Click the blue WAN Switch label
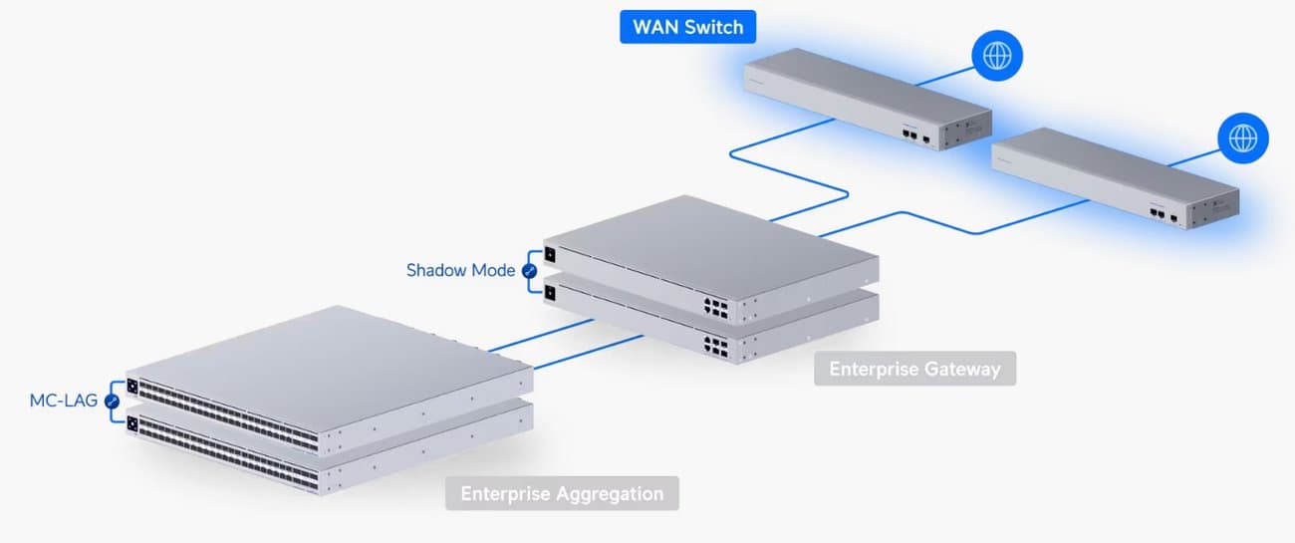coord(687,27)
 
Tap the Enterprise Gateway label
coord(914,369)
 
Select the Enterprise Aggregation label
coord(562,493)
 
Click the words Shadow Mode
coord(460,270)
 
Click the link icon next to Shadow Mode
coord(529,271)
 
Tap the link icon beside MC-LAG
coord(112,402)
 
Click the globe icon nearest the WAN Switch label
coord(996,57)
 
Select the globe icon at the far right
coord(1243,137)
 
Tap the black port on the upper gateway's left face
coord(550,253)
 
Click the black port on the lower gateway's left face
coord(550,290)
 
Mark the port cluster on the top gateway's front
coord(714,306)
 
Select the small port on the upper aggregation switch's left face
coord(131,385)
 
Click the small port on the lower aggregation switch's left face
coord(131,420)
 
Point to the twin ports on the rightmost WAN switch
coord(1159,213)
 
